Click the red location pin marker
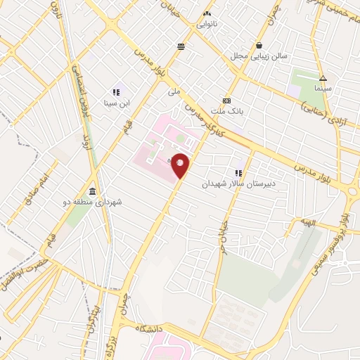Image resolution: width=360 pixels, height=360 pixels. [x=181, y=165]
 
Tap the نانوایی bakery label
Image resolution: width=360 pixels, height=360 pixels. [x=206, y=23]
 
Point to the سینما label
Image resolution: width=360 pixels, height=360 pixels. [x=323, y=89]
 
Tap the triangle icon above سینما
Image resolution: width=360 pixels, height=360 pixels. [x=323, y=79]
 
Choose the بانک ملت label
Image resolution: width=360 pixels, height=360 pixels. [x=226, y=110]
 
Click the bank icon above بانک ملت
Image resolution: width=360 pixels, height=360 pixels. [x=226, y=100]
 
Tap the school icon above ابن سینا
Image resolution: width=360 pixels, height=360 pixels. [x=115, y=92]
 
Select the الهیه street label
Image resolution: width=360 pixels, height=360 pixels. [x=310, y=223]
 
